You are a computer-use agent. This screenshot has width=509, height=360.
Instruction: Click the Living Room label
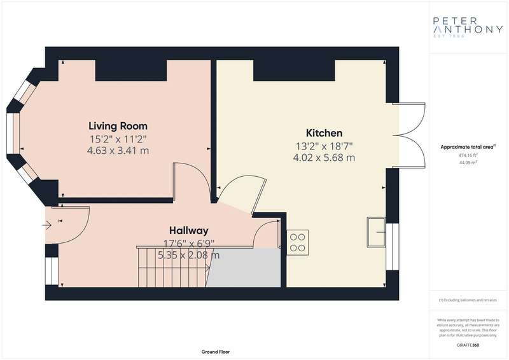click(x=118, y=125)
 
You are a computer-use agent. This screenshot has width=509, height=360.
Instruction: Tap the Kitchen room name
click(x=324, y=133)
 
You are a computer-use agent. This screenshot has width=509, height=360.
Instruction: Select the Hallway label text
click(x=189, y=230)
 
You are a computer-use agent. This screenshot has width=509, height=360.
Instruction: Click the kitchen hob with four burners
click(x=298, y=242)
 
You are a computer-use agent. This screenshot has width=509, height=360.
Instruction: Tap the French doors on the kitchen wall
click(x=405, y=135)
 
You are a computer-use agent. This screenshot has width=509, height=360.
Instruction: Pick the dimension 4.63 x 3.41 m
click(x=118, y=151)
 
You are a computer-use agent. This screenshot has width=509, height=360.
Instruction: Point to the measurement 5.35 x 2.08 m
click(x=189, y=256)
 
